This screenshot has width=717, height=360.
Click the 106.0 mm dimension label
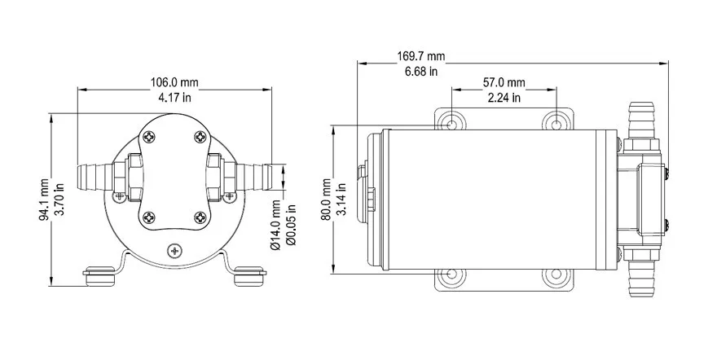click(174, 82)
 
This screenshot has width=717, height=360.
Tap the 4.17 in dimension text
click(174, 98)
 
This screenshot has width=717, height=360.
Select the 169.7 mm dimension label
click(421, 56)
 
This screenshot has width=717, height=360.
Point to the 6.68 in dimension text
click(421, 72)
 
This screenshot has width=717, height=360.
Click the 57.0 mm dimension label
click(504, 83)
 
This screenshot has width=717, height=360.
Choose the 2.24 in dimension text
click(504, 98)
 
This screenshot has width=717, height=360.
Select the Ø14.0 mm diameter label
click(277, 224)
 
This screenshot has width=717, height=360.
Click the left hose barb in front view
click(92, 175)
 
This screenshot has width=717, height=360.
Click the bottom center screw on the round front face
click(174, 251)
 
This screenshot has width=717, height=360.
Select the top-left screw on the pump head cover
click(149, 137)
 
